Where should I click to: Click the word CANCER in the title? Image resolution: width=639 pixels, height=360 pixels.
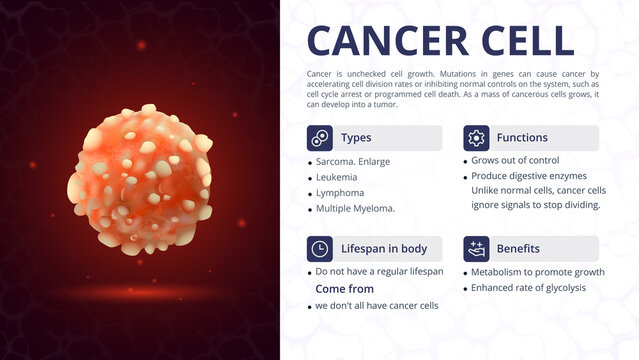click(x=386, y=40)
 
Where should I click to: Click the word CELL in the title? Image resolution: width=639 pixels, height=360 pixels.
click(x=525, y=40)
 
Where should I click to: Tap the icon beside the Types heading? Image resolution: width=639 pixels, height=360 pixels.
click(x=320, y=138)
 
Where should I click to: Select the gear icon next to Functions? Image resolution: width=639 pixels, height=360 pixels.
click(x=476, y=138)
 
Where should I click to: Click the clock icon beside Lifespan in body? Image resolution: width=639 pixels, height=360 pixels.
click(x=320, y=249)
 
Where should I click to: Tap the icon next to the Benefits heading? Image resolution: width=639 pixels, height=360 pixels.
click(x=476, y=249)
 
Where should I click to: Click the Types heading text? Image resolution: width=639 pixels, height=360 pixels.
click(x=356, y=138)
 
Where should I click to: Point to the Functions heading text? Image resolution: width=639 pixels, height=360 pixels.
click(x=522, y=138)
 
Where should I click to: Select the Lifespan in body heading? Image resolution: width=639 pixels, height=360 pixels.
click(x=384, y=249)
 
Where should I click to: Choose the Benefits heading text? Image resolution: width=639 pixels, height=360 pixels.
click(x=518, y=249)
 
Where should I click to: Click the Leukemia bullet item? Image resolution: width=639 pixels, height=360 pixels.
click(x=338, y=177)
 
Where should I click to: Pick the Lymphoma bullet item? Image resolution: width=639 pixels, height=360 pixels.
click(x=340, y=193)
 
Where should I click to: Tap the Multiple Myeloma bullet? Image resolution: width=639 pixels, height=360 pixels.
click(x=355, y=209)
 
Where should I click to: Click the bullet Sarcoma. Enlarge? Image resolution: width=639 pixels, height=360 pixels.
click(x=353, y=161)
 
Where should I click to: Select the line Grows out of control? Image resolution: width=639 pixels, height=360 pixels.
click(x=515, y=160)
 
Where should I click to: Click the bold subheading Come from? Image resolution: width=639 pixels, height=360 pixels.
click(x=345, y=289)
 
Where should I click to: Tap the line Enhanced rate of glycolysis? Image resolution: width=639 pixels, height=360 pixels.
click(x=528, y=288)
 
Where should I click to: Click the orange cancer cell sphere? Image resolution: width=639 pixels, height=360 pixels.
click(x=141, y=180)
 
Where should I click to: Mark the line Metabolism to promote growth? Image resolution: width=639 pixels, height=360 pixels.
click(x=538, y=272)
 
